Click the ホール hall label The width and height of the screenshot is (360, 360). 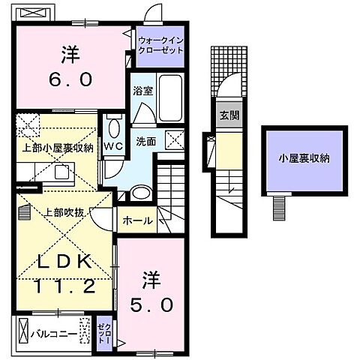[x=138, y=220]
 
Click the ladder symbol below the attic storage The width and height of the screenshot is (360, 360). [x=281, y=204]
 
